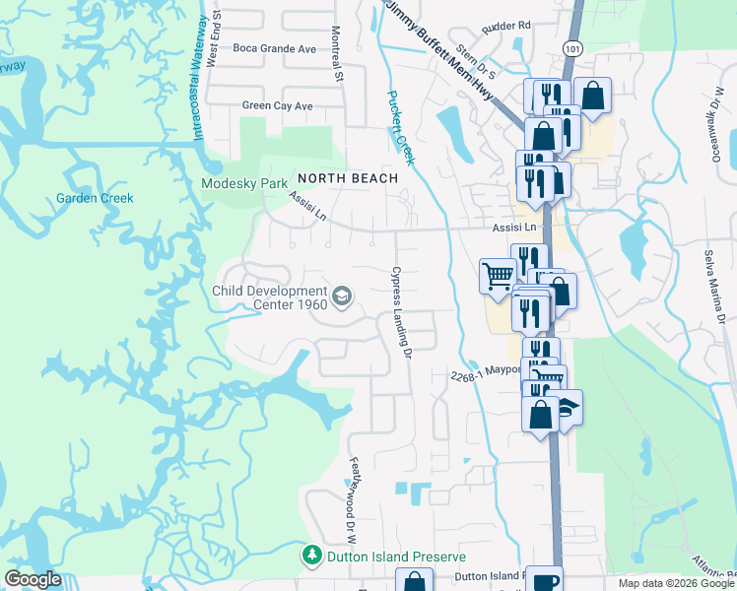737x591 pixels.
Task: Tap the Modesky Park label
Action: coord(243,183)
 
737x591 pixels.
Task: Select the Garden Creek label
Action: coord(94,198)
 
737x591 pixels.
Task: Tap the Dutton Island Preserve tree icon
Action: coord(312,556)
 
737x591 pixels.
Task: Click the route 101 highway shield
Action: coord(573,47)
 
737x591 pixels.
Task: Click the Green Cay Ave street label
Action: coord(277,105)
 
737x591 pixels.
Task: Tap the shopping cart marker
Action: coord(498,275)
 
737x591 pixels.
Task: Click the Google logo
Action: coord(33,579)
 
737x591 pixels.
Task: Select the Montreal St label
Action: coord(337,53)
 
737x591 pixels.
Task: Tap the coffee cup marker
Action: coord(544,580)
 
